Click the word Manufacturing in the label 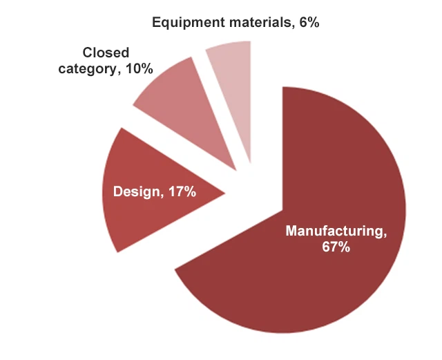point(335,230)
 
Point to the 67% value point(336,247)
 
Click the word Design point(135,191)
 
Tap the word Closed point(106,53)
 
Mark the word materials point(252,22)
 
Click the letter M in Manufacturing point(291,230)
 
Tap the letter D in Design point(117,191)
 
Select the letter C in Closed point(88,53)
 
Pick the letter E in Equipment point(156,22)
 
